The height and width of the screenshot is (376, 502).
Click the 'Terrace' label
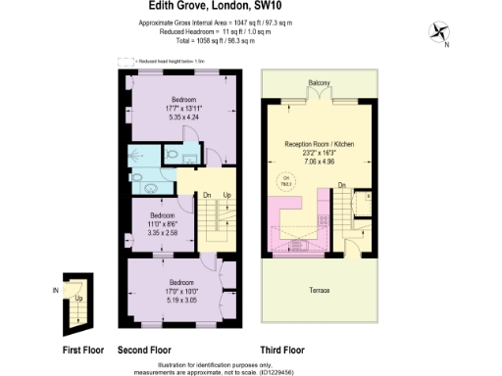320,291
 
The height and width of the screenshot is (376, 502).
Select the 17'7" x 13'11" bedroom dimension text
184,109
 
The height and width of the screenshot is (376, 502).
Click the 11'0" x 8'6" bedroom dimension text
163,224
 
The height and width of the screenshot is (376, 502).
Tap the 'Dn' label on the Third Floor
341,184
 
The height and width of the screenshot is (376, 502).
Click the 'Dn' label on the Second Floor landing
208,195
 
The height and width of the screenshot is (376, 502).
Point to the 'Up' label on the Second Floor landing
227,195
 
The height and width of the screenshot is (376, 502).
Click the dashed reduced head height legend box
124,61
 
